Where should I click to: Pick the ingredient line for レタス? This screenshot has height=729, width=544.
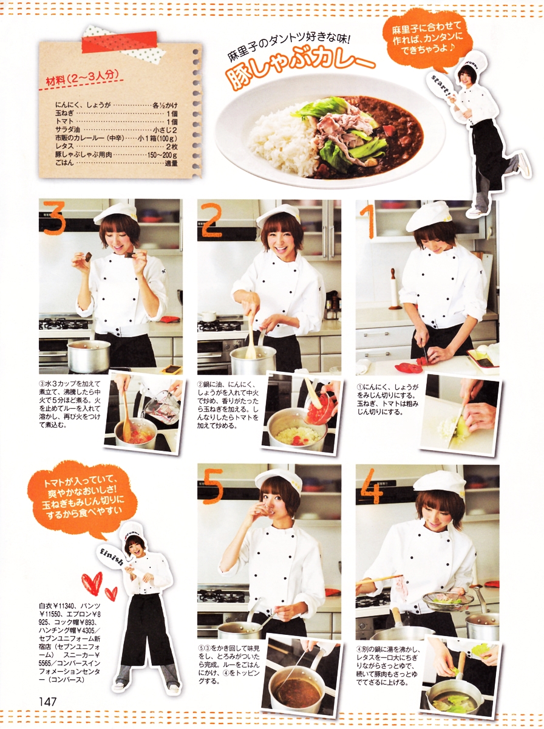pos(117,146)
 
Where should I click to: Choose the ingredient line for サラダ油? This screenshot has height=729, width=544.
pos(117,129)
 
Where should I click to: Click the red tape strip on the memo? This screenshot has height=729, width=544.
pos(120,42)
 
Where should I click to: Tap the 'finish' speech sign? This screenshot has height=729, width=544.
pos(111,555)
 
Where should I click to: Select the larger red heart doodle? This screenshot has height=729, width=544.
pos(93,582)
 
